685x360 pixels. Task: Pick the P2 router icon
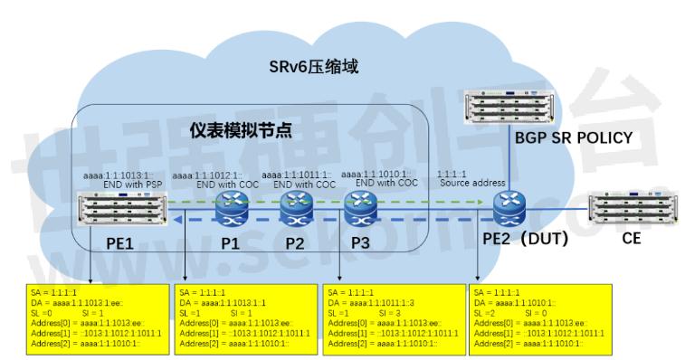click(295, 211)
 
